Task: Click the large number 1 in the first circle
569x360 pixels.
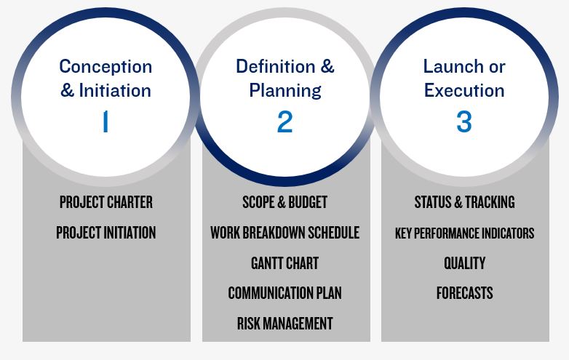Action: (x=106, y=121)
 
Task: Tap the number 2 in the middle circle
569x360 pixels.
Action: (x=284, y=121)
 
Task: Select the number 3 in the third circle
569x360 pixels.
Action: (x=464, y=121)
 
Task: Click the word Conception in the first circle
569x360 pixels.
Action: (x=106, y=66)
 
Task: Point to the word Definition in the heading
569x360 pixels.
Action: (x=276, y=66)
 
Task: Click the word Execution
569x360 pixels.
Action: (x=464, y=90)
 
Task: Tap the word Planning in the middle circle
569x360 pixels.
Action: (x=285, y=91)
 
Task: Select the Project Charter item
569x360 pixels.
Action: (x=106, y=202)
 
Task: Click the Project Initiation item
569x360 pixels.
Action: (x=106, y=233)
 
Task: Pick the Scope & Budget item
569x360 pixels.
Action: (x=284, y=202)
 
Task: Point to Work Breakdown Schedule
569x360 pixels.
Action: (x=284, y=233)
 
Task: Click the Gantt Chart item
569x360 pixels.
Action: (x=284, y=263)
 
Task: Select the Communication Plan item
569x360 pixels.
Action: (x=284, y=293)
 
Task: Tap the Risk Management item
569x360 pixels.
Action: (x=284, y=324)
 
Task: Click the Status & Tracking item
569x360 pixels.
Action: (x=464, y=202)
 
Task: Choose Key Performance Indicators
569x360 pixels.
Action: (x=464, y=233)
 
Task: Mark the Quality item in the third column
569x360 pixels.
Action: (x=464, y=263)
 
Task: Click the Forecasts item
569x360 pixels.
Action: (x=464, y=293)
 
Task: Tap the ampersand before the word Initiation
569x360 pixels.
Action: (x=67, y=90)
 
